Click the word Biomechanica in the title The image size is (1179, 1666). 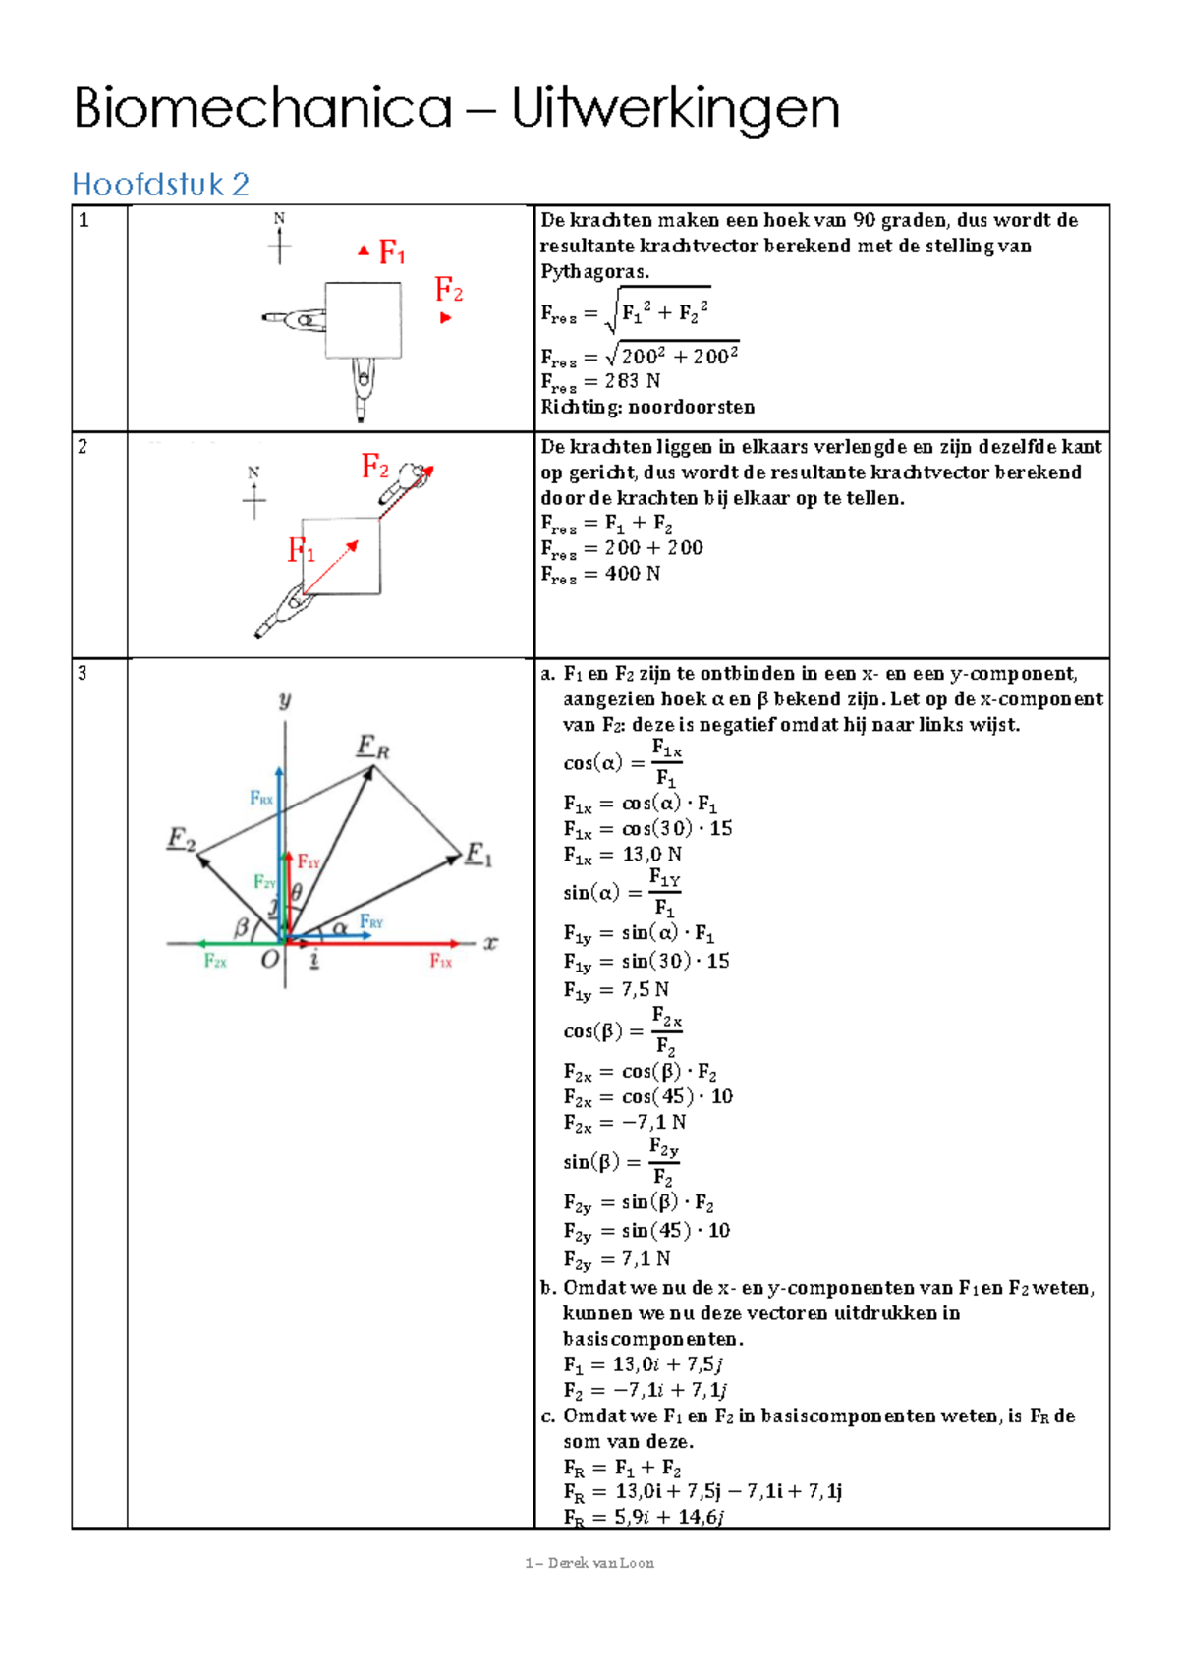[x=262, y=109]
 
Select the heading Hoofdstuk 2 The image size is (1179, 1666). [x=160, y=184]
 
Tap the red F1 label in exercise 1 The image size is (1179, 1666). [x=392, y=253]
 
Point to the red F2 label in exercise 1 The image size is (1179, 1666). [x=449, y=290]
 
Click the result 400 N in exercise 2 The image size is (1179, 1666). [x=632, y=574]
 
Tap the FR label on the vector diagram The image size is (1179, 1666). [x=372, y=748]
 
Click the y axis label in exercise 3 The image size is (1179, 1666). [x=285, y=699]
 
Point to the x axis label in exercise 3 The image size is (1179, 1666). [x=490, y=943]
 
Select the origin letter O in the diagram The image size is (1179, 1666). [x=269, y=961]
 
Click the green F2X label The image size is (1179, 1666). [x=215, y=962]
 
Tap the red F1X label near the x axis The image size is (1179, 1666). [x=440, y=962]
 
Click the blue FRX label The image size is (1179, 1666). [x=261, y=799]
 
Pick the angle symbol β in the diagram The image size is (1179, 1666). [x=241, y=926]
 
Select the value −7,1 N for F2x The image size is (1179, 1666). [x=653, y=1123]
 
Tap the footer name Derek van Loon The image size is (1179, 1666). [x=600, y=1563]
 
